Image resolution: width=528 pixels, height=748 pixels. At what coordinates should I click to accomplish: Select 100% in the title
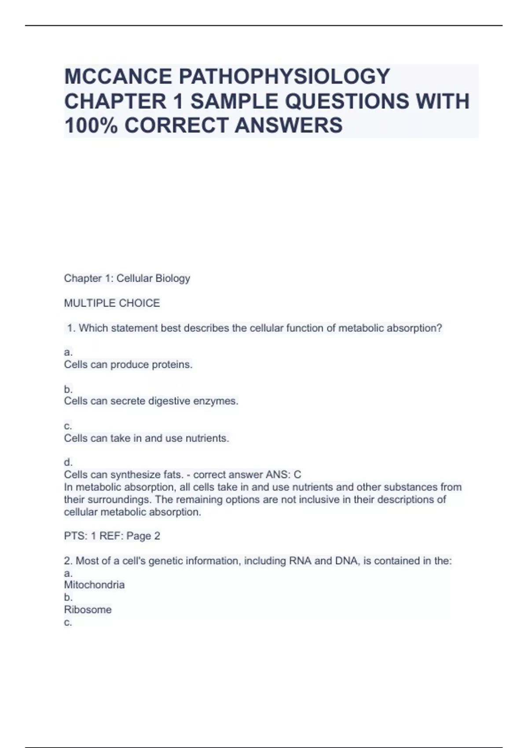[91, 125]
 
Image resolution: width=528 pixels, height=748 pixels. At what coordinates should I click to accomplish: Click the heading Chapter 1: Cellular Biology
[127, 278]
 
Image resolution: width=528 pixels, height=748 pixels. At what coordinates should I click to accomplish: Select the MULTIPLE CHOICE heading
[112, 303]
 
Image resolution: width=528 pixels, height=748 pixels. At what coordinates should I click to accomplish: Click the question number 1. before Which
[72, 328]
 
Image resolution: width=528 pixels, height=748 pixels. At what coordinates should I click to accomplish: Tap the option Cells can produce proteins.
[128, 365]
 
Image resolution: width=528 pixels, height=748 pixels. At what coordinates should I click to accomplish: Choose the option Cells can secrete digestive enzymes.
[151, 401]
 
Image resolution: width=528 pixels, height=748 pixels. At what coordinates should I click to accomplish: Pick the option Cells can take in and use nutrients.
[147, 438]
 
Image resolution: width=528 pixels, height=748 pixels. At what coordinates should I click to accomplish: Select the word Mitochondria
[94, 585]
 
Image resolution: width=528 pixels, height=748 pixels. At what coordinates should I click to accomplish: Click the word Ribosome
[88, 610]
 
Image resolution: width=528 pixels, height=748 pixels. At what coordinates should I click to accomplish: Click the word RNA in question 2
[300, 561]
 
